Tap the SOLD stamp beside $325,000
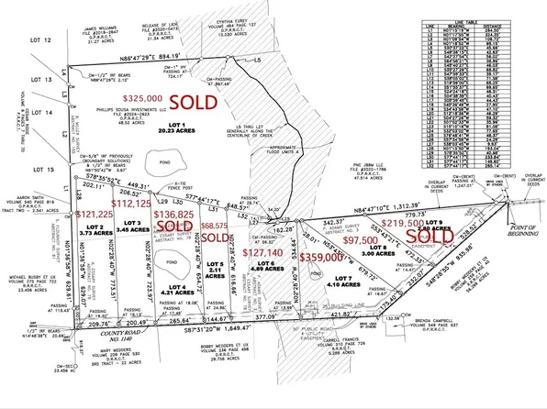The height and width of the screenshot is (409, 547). (x=216, y=98)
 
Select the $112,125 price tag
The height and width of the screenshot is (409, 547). (x=130, y=204)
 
